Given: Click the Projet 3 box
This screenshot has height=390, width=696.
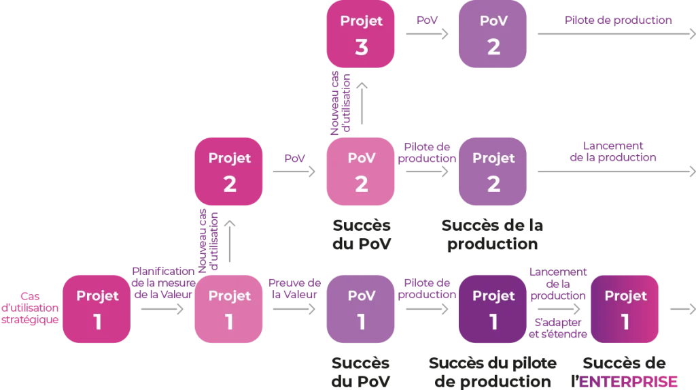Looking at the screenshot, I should pos(362,35).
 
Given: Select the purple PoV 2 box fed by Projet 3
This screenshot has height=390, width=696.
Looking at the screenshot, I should pos(493,35).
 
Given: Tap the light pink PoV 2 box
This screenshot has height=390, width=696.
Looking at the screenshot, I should pos(362,172).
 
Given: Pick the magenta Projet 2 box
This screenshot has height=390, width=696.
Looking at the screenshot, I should pos(230,172).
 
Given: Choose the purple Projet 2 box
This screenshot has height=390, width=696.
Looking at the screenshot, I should pos(493,172).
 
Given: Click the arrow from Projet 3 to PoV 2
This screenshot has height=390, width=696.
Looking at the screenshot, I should pos(427,35).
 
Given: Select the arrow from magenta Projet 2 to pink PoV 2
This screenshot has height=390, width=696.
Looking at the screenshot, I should pos(295,172).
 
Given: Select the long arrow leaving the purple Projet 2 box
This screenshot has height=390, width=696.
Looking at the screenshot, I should pos(612,172).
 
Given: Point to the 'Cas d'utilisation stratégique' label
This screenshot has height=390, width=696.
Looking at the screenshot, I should pos(30,307).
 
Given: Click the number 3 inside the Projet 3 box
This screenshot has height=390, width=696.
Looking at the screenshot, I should pos(362,47).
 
